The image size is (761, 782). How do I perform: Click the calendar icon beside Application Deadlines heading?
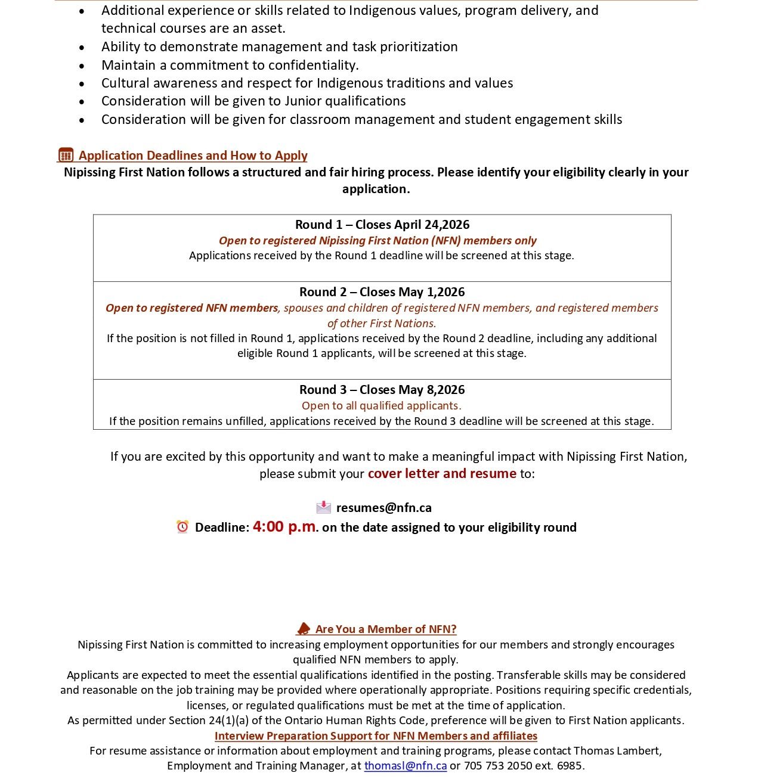[x=66, y=155]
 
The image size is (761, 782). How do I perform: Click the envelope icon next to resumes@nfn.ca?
[x=323, y=507]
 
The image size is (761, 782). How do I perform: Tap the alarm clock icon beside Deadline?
[x=182, y=527]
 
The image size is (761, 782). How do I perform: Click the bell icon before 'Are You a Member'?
[x=304, y=629]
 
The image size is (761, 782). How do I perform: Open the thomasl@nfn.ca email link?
[x=406, y=766]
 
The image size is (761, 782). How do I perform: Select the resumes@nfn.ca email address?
[x=384, y=508]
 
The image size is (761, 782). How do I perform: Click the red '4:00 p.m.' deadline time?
[x=285, y=526]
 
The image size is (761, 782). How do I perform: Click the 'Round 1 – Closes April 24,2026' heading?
[x=382, y=225]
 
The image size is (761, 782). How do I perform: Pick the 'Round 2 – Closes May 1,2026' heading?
[x=382, y=292]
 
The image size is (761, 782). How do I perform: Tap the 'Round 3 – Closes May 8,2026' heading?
[x=382, y=390]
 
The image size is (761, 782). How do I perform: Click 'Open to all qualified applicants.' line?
[x=382, y=406]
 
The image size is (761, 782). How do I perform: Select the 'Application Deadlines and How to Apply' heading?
[x=193, y=156]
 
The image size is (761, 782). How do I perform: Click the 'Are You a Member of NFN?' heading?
[x=386, y=629]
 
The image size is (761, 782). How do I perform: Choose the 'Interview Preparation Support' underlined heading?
[x=376, y=736]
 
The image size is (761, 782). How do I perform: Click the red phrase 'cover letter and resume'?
[x=442, y=474]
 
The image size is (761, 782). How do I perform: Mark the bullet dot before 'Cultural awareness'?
[x=82, y=84]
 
